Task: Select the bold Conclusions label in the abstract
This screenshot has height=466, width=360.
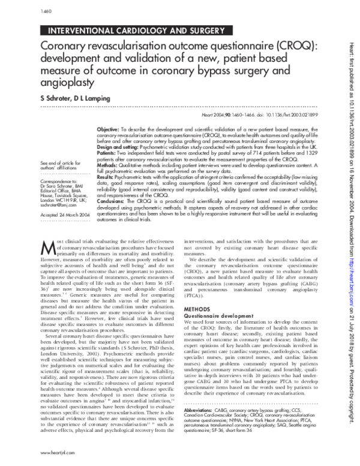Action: [x=112, y=200]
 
